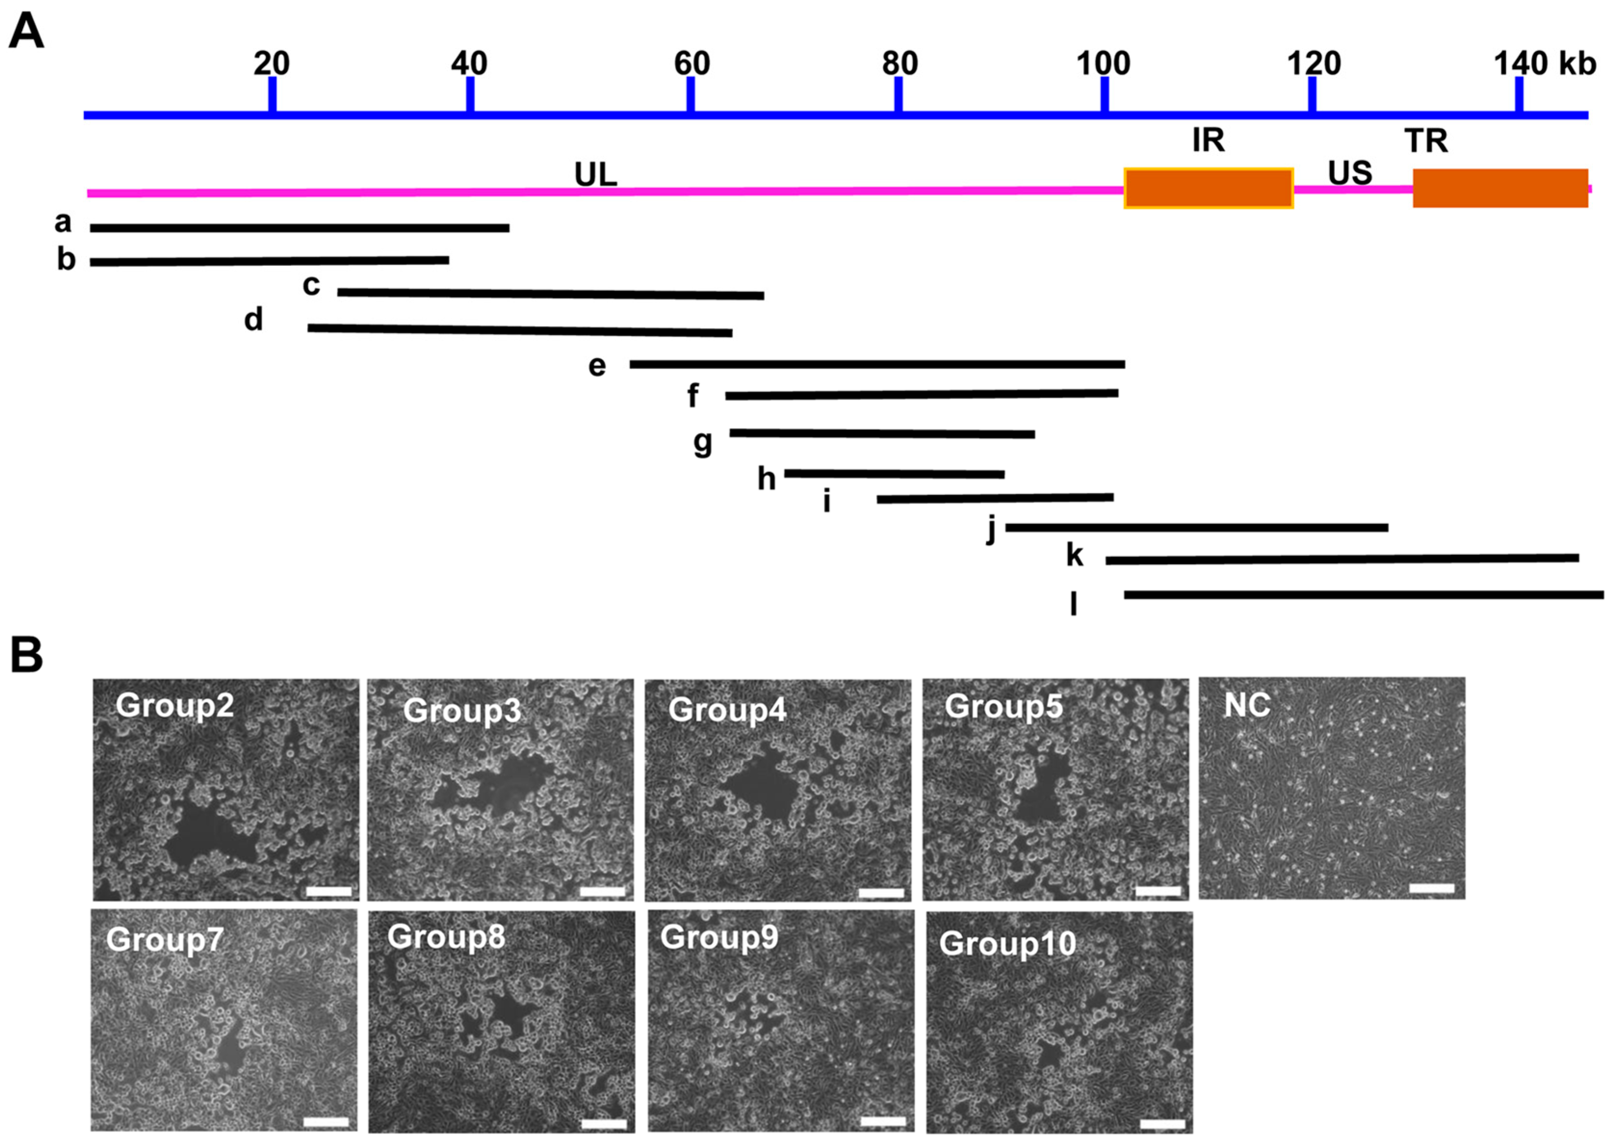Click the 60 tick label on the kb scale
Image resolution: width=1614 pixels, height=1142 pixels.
pos(691,64)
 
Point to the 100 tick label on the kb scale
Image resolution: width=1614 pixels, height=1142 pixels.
pos(1103,64)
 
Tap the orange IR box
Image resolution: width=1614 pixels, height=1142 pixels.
pos(1208,188)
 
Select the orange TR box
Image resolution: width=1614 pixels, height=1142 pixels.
pos(1500,188)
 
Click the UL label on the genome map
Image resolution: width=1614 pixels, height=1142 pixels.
pos(595,174)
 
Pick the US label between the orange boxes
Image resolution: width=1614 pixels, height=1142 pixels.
pos(1350,172)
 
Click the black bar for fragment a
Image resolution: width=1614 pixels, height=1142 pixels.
pos(299,228)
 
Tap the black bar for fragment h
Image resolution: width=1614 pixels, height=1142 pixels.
pos(894,473)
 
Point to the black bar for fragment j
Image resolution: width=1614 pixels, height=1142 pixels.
pos(1197,527)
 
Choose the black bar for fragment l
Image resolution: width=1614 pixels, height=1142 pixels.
pos(1364,595)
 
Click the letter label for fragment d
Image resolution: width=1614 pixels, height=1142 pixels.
pos(254,320)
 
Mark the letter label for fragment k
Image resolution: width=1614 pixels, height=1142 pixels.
pos(1074,555)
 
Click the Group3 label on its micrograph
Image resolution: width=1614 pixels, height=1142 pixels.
pos(462,711)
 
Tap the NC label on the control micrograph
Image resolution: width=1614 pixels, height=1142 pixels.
pos(1247,705)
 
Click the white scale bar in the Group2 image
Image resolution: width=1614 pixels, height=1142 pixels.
pos(329,892)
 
